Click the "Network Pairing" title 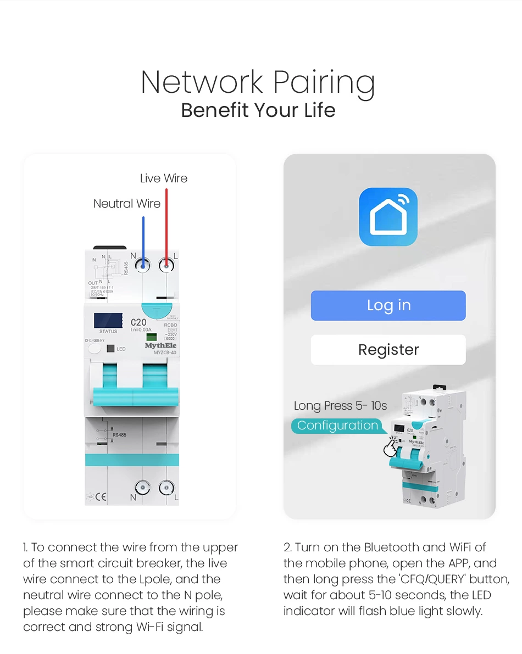pos(258,82)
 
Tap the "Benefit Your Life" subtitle pos(258,110)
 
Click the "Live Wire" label pos(163,178)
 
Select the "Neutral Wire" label pos(127,204)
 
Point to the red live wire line pos(166,225)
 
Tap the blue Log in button pos(388,305)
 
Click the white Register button pos(388,350)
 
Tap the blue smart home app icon pos(388,216)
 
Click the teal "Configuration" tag pos(337,426)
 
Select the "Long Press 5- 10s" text pos(340,406)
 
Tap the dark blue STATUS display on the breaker pos(108,321)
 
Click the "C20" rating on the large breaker pos(138,323)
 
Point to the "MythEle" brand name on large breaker pos(160,346)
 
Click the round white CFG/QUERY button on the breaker pos(95,349)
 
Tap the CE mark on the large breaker pos(101,497)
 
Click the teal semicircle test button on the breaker pos(157,310)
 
